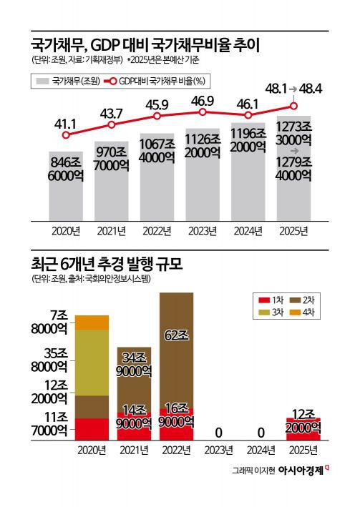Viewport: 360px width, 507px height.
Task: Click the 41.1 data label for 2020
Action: (66, 117)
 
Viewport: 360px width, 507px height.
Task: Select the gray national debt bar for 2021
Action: (112, 179)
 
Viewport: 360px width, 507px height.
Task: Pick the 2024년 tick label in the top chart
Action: (248, 230)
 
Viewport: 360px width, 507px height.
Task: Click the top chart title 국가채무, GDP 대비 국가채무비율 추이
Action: (144, 45)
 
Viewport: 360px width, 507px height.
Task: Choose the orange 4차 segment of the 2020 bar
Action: (92, 323)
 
